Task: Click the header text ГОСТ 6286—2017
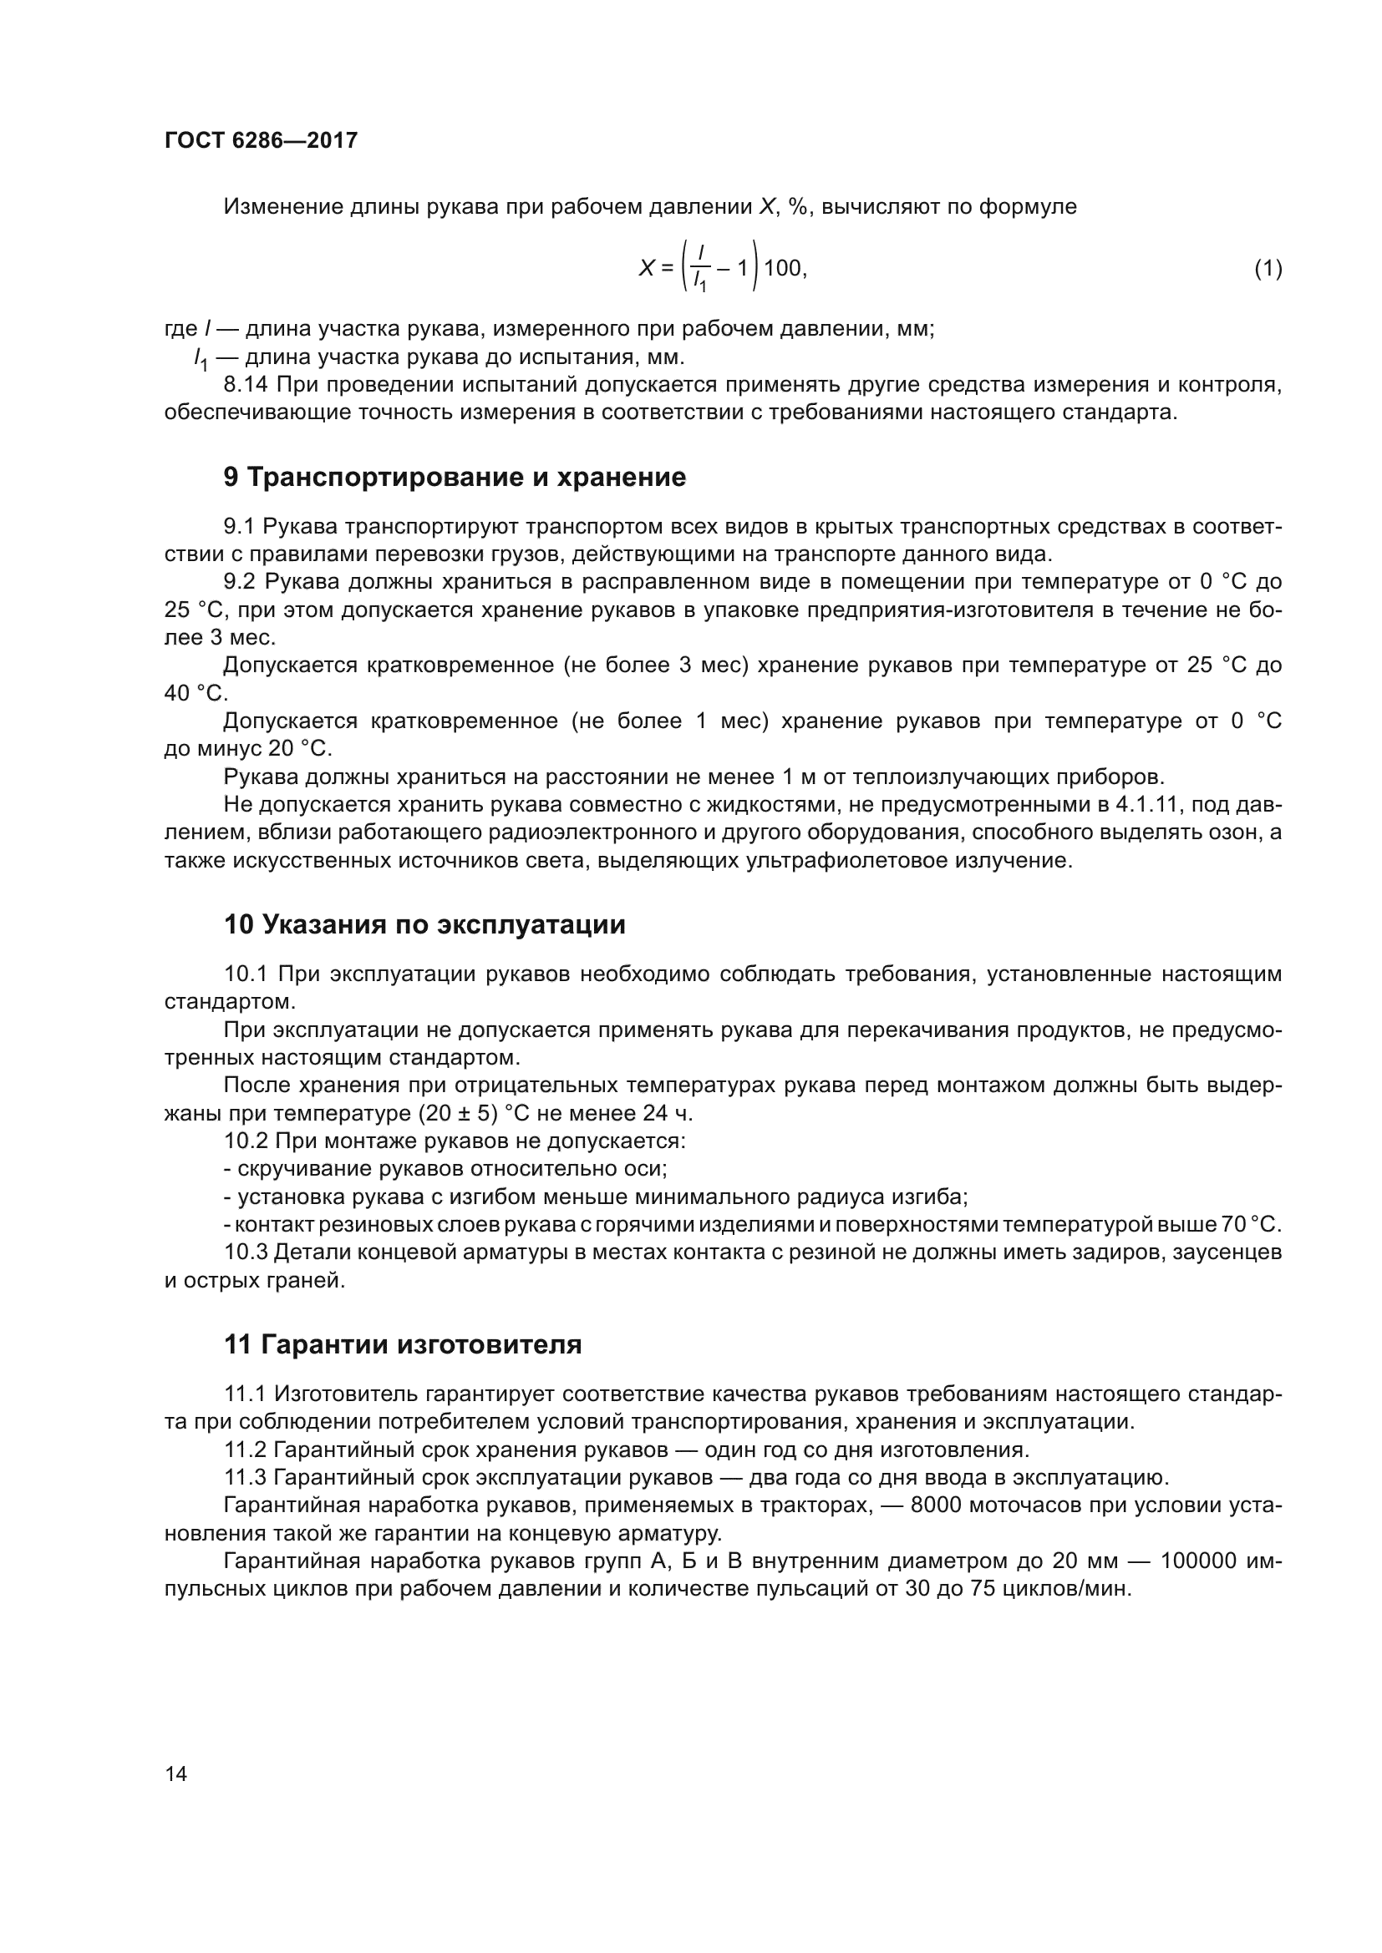pos(261,140)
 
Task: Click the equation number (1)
pos(1268,269)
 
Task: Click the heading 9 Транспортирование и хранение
pos(455,478)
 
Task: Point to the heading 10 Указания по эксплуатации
pos(424,924)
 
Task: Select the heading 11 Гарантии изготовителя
pos(403,1345)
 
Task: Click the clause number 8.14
pos(245,385)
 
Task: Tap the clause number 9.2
pos(240,582)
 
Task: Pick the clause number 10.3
pos(246,1253)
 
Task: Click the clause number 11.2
pos(245,1450)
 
